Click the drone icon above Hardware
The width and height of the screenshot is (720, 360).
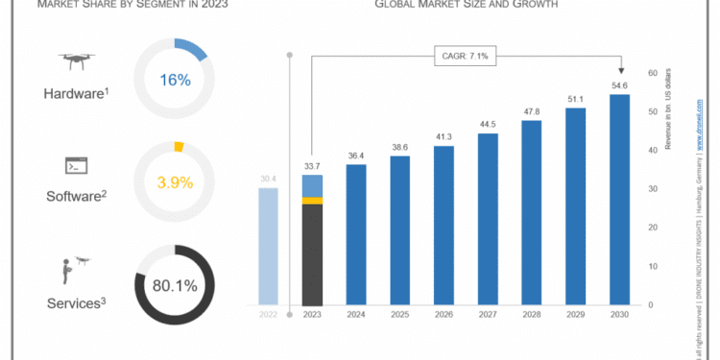(x=75, y=62)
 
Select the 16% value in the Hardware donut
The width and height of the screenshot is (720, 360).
(x=176, y=81)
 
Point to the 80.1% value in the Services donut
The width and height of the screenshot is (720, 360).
(x=175, y=284)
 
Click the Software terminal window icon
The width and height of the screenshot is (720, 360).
(x=75, y=166)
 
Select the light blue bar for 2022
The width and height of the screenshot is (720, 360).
(x=270, y=246)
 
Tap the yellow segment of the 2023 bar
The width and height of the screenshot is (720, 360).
(x=312, y=201)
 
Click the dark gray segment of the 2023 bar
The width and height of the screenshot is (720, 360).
(x=312, y=254)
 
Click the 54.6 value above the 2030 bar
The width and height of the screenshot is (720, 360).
(x=619, y=85)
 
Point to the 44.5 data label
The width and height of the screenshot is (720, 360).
(x=488, y=124)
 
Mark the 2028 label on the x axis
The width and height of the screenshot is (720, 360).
(x=531, y=315)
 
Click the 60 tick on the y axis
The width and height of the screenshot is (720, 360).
(x=653, y=73)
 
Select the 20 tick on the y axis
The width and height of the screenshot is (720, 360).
(x=653, y=228)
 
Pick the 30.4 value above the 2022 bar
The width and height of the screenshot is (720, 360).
(x=270, y=179)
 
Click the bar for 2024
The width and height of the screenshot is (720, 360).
(x=356, y=235)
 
